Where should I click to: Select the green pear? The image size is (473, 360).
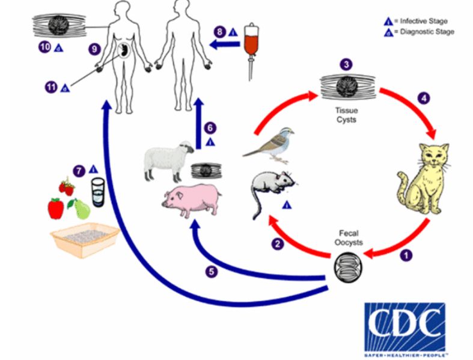point(79,209)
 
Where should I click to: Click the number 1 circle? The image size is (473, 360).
point(407,254)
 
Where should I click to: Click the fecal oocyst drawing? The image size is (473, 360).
point(345,264)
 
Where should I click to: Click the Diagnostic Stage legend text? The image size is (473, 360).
point(428,32)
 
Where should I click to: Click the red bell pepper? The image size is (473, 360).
point(56,209)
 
